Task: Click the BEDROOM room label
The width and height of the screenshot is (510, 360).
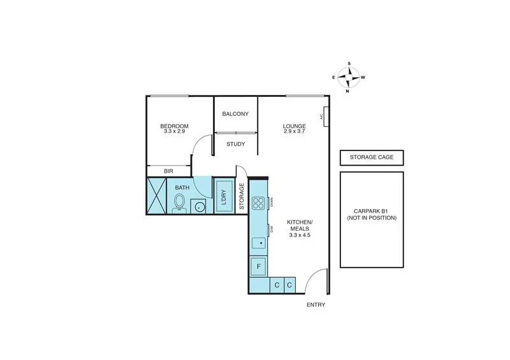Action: (x=173, y=126)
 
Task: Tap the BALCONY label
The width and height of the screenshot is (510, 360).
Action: (x=235, y=114)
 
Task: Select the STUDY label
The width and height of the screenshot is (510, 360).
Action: (x=235, y=144)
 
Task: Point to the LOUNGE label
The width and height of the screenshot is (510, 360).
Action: (x=295, y=126)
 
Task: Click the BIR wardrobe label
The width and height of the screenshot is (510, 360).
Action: (x=168, y=171)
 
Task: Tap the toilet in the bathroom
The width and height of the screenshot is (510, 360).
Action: (x=179, y=203)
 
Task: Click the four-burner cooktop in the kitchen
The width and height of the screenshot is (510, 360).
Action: (x=259, y=203)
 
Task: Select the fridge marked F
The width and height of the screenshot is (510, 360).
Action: (x=259, y=266)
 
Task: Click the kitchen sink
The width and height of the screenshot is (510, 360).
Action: (x=258, y=243)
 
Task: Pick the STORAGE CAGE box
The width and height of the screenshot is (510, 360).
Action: (x=371, y=158)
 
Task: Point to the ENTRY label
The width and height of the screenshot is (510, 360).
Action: (x=316, y=305)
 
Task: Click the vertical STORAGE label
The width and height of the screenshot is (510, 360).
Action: (x=242, y=196)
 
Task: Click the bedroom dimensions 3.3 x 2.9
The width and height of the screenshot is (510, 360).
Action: (x=173, y=131)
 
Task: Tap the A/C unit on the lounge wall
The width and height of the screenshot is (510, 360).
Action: (x=326, y=116)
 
